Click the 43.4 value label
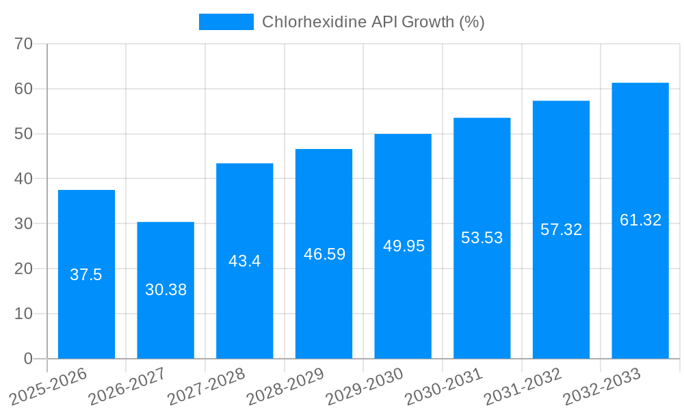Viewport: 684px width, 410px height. tap(245, 261)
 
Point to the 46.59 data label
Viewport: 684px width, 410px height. tap(324, 254)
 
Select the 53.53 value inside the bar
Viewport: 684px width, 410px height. tap(482, 238)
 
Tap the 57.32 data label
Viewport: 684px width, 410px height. tap(561, 230)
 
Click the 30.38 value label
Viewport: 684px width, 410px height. tap(166, 290)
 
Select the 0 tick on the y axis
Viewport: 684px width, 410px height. tap(28, 359)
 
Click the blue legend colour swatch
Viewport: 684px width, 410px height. tap(226, 22)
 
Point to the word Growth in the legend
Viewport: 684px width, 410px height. tap(428, 22)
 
